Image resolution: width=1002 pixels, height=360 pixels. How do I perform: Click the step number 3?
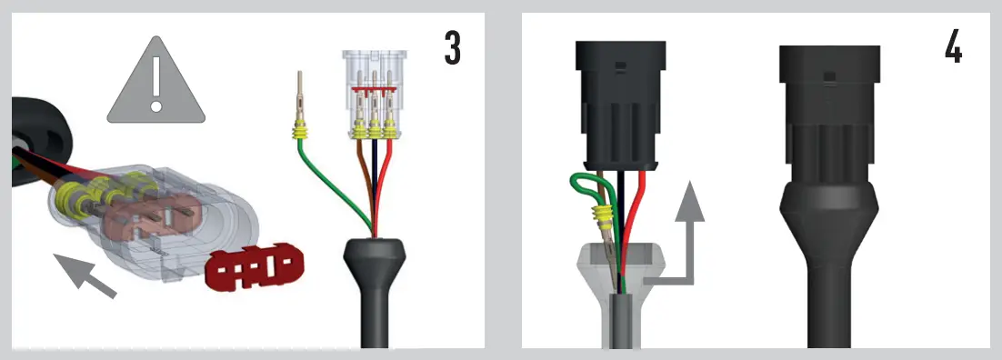(x=452, y=47)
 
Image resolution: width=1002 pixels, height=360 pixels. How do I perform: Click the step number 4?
(x=952, y=47)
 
